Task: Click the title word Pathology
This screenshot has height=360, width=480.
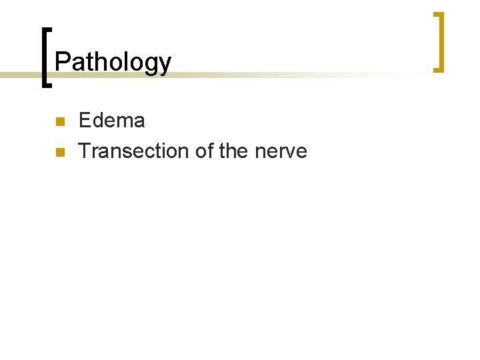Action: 113,63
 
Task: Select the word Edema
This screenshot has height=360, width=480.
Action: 111,121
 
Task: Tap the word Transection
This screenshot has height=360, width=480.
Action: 134,151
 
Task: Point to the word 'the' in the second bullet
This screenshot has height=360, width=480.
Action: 233,151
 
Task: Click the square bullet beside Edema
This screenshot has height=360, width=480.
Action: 59,122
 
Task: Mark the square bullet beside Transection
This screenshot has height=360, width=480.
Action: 59,153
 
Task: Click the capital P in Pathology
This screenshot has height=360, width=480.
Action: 61,62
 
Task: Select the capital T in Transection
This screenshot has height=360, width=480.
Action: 84,151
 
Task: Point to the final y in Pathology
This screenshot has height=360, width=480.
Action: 165,65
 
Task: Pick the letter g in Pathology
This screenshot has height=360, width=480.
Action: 153,65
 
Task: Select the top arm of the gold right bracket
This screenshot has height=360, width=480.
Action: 437,14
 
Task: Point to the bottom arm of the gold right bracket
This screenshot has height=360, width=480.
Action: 437,69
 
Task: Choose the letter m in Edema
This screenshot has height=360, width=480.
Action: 123,122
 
